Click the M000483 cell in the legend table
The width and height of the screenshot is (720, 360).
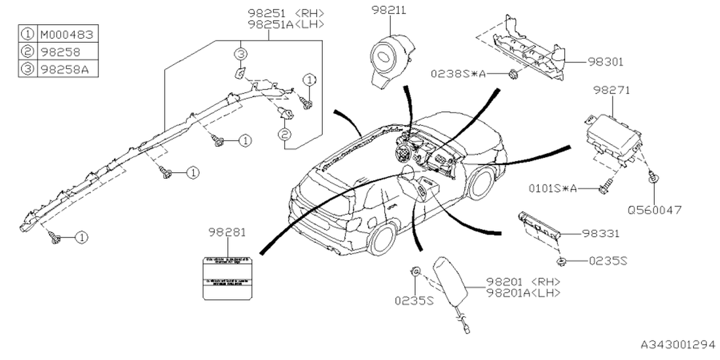pyautogui.click(x=66, y=34)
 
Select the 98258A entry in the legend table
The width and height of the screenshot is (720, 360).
pyautogui.click(x=66, y=69)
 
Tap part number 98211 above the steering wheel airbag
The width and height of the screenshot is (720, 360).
pyautogui.click(x=388, y=10)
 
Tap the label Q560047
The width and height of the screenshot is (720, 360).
pyautogui.click(x=655, y=210)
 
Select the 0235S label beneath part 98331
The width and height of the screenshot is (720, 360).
pyautogui.click(x=608, y=261)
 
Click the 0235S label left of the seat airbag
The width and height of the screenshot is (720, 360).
pyautogui.click(x=414, y=300)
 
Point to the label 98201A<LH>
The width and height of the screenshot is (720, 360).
pyautogui.click(x=523, y=292)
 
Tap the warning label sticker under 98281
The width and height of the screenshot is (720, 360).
pyautogui.click(x=227, y=276)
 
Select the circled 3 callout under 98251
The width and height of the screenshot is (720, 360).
pyautogui.click(x=240, y=55)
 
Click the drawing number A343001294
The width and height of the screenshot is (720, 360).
pyautogui.click(x=677, y=343)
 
